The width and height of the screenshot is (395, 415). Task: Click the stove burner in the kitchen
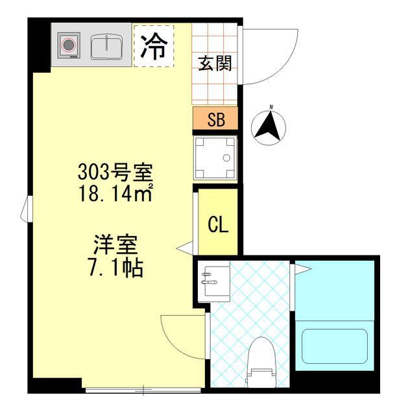[68, 45]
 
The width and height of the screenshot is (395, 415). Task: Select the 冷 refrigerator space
[154, 45]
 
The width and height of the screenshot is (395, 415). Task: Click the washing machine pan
[215, 157]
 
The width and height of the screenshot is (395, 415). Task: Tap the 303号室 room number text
[115, 172]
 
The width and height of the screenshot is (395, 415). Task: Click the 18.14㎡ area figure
[115, 193]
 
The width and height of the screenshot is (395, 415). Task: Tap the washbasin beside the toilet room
[214, 281]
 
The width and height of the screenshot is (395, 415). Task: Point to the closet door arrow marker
[185, 247]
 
